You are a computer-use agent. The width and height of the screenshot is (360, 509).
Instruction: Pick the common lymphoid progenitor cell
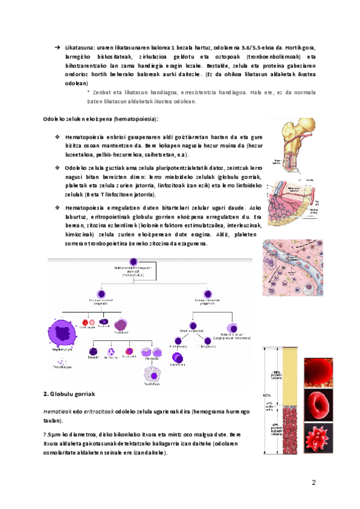[x=206, y=295]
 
